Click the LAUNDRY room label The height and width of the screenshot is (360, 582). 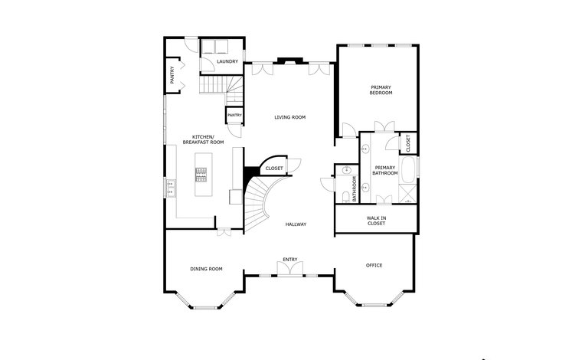pyautogui.click(x=227, y=61)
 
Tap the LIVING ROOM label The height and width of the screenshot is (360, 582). pyautogui.click(x=290, y=117)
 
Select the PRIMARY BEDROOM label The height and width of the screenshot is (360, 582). pyautogui.click(x=381, y=90)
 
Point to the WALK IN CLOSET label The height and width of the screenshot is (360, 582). pyautogui.click(x=376, y=221)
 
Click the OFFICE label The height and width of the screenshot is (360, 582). pyautogui.click(x=374, y=265)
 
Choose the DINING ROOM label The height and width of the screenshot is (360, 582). pyautogui.click(x=206, y=269)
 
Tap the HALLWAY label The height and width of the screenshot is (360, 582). pyautogui.click(x=296, y=224)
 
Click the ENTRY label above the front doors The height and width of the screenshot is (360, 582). pyautogui.click(x=290, y=260)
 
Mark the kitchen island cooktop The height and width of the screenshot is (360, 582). pyautogui.click(x=201, y=175)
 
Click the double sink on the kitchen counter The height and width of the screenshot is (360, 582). pyautogui.click(x=171, y=188)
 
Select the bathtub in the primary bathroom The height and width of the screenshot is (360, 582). pyautogui.click(x=408, y=170)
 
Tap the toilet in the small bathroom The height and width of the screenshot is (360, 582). pyautogui.click(x=346, y=196)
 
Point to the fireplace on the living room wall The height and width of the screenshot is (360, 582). pyautogui.click(x=290, y=61)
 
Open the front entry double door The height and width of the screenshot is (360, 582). pyautogui.click(x=290, y=269)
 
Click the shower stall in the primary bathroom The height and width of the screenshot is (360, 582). pyautogui.click(x=408, y=193)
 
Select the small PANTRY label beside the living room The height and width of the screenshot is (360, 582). pyautogui.click(x=234, y=116)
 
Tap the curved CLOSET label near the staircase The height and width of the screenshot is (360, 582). pyautogui.click(x=274, y=169)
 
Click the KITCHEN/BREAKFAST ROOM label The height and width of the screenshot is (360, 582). pyautogui.click(x=204, y=139)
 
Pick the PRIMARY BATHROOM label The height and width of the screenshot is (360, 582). pyautogui.click(x=385, y=170)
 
